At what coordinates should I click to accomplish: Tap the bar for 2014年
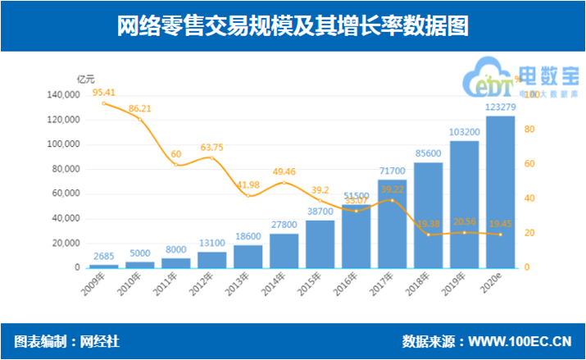(x=284, y=251)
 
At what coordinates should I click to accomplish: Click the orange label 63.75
(x=212, y=147)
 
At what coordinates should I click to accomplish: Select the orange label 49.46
(x=284, y=171)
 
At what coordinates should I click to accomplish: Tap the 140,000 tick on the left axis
(x=64, y=95)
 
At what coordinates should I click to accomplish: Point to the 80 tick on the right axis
(x=528, y=130)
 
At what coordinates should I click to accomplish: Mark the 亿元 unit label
(x=85, y=80)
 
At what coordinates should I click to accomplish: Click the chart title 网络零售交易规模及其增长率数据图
(x=292, y=27)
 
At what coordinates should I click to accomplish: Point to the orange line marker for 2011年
(x=176, y=165)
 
